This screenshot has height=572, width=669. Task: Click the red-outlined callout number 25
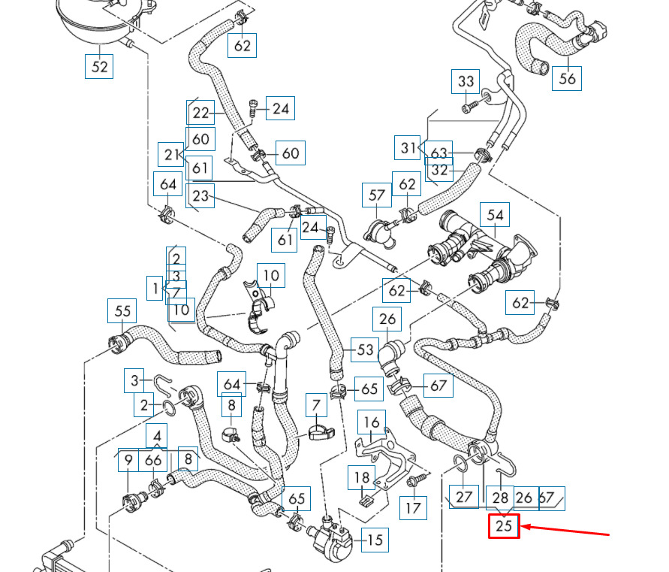pos(504,526)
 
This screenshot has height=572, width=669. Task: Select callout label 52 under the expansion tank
pos(99,66)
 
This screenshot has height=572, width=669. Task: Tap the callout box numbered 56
pos(567,78)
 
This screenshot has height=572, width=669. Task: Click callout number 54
pos(495,214)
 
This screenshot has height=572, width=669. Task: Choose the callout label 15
pos(375,540)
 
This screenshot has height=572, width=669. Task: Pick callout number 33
pos(466,81)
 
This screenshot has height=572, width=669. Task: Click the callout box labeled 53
pos(365,350)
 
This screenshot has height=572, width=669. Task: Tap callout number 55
pos(122,310)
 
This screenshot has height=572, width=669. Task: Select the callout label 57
pos(377,195)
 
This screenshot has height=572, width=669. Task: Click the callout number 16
pos(372,422)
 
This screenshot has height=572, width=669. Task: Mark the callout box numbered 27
pos(463,497)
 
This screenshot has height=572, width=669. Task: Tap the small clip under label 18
pos(365,500)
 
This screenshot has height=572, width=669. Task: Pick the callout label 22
pos(200,112)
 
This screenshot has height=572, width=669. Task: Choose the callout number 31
pos(408,148)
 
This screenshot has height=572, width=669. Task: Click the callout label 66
pos(152,460)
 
